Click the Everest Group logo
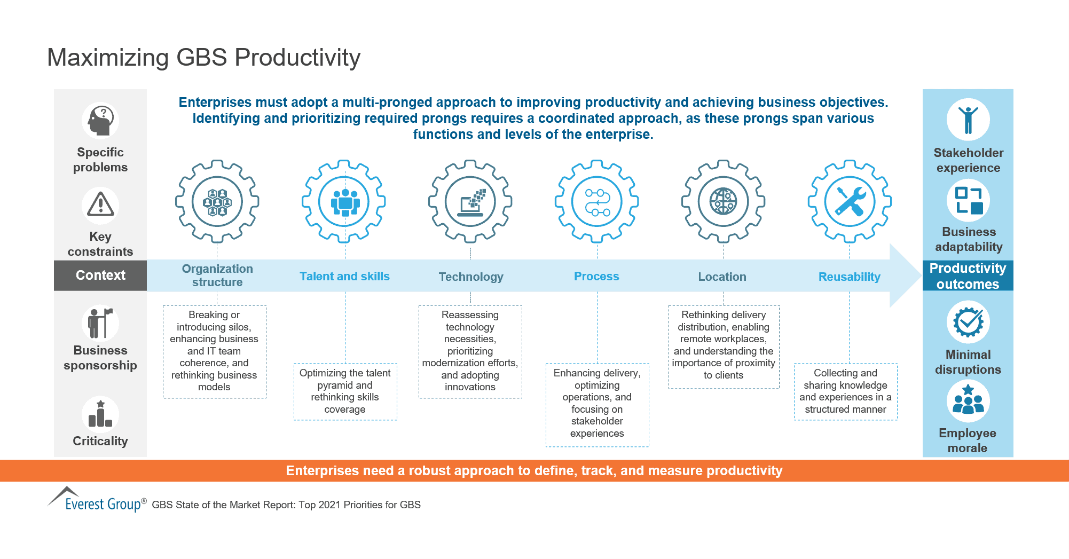(96, 500)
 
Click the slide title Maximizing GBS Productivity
(203, 58)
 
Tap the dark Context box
(100, 275)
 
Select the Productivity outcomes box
(968, 275)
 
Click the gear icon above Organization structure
(217, 202)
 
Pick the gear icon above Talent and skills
(344, 202)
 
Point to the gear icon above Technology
(470, 202)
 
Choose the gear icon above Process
(596, 202)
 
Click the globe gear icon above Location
(723, 202)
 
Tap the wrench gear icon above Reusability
(849, 202)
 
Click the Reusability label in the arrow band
(849, 277)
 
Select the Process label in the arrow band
(596, 277)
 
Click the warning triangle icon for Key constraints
(100, 205)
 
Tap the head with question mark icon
(100, 120)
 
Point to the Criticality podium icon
(100, 414)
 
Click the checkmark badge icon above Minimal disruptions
(968, 322)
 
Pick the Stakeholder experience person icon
(968, 120)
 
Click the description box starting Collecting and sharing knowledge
(845, 391)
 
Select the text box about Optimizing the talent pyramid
(345, 391)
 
